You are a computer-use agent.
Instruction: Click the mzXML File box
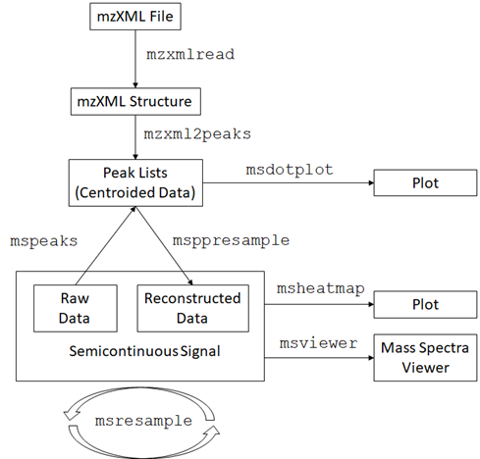135,17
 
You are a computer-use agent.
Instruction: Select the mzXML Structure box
135,101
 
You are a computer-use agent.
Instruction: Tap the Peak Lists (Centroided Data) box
135,182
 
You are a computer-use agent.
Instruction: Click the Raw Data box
76,308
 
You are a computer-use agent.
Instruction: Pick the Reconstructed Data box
192,308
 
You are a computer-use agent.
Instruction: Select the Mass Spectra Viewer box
425,357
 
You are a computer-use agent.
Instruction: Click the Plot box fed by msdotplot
425,182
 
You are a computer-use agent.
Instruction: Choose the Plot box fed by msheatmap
425,304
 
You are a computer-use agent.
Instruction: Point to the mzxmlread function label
190,54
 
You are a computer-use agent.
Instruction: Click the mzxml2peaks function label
197,134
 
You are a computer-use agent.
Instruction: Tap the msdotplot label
290,170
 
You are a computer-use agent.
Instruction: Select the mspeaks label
44,241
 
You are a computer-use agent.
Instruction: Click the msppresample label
231,240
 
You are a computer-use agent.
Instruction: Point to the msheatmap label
321,288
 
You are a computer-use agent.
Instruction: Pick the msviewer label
318,343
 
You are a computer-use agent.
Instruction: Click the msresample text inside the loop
143,421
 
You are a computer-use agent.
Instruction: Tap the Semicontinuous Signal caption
144,351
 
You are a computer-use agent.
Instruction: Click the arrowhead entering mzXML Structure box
135,85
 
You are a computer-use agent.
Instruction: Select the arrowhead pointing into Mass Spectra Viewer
371,358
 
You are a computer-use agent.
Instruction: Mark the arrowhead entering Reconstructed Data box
190,281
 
